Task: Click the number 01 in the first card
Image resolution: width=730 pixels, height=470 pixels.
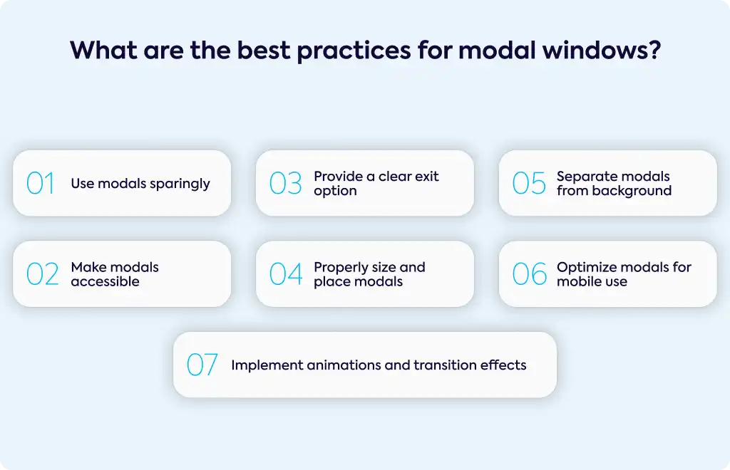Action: [x=41, y=183]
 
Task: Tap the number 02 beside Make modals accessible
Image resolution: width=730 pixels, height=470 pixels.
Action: [x=42, y=274]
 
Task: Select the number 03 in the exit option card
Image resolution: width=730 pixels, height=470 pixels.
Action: [x=285, y=183]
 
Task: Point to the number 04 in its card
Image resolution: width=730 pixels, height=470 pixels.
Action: [x=286, y=274]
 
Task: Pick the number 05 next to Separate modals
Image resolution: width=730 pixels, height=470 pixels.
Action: [x=529, y=183]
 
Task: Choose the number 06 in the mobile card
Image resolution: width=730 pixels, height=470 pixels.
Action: [x=530, y=274]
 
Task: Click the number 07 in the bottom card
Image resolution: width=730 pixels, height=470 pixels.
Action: [x=202, y=365]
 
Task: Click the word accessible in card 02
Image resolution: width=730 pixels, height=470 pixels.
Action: [x=106, y=281]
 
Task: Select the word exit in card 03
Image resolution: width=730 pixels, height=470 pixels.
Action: [x=428, y=176]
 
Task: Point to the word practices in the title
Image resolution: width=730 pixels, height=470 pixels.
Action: [x=354, y=51]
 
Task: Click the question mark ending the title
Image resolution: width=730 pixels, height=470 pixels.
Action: [x=655, y=50]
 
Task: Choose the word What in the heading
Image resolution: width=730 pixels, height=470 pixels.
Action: [x=103, y=50]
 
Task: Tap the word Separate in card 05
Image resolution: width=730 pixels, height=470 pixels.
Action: [x=584, y=177]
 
